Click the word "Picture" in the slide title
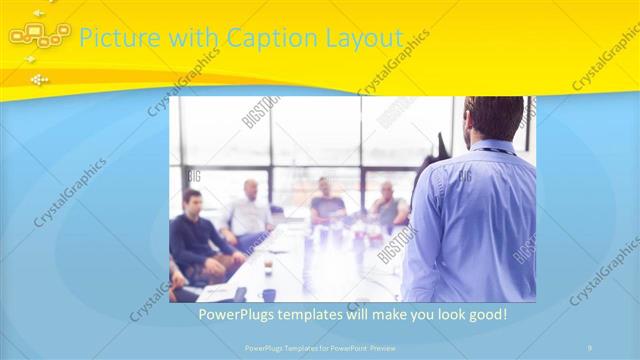click(x=113, y=38)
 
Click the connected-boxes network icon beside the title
click(x=41, y=36)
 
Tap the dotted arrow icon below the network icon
click(x=38, y=79)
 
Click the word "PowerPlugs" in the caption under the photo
click(x=232, y=314)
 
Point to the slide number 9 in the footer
click(x=589, y=347)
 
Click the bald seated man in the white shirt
click(x=250, y=210)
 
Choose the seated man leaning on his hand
click(x=391, y=205)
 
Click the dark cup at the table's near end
click(x=269, y=294)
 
